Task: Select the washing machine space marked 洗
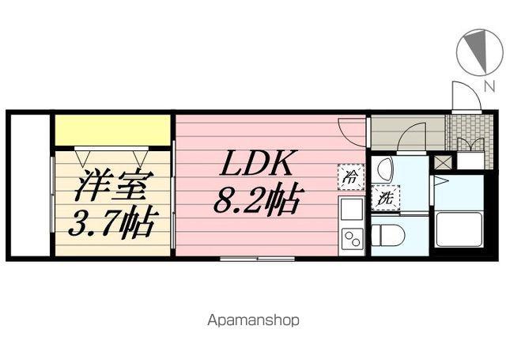pos(386,198)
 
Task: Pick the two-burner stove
pos(350,237)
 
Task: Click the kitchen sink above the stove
pos(350,210)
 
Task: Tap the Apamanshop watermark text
pos(253,321)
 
